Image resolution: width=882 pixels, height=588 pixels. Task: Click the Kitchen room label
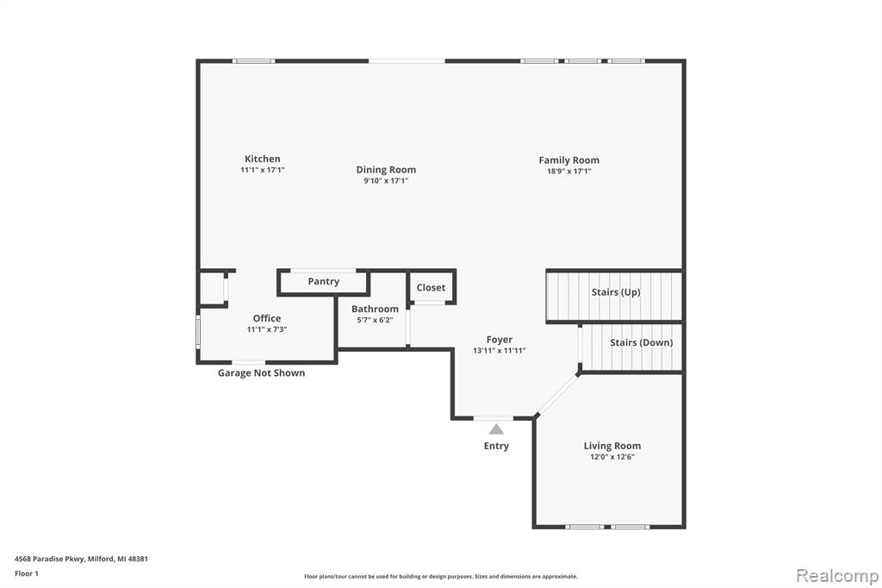pyautogui.click(x=262, y=159)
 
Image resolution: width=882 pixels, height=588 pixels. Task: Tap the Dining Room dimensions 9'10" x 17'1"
pyautogui.click(x=386, y=181)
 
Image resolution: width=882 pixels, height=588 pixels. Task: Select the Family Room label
pyautogui.click(x=568, y=160)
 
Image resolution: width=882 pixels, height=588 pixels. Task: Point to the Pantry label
pyautogui.click(x=324, y=282)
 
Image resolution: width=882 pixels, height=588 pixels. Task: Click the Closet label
pyautogui.click(x=431, y=287)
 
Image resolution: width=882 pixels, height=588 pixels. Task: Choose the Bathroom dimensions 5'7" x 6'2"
pyautogui.click(x=375, y=320)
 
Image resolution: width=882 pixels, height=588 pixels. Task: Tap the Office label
pyautogui.click(x=267, y=318)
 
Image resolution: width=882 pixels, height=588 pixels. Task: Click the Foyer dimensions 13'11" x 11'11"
pyautogui.click(x=500, y=350)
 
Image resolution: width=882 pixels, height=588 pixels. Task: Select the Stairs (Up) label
pyautogui.click(x=616, y=291)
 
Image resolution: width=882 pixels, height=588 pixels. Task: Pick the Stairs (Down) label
pyautogui.click(x=641, y=342)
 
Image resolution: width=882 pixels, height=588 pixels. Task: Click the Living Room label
pyautogui.click(x=612, y=446)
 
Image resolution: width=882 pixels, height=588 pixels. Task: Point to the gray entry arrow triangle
pyautogui.click(x=496, y=429)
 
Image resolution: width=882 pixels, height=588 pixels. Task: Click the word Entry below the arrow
pyautogui.click(x=496, y=446)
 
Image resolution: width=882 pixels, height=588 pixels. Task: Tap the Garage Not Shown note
pyautogui.click(x=262, y=372)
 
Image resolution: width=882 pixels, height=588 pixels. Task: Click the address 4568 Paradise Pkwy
pyautogui.click(x=49, y=559)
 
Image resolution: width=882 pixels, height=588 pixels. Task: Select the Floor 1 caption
pyautogui.click(x=27, y=573)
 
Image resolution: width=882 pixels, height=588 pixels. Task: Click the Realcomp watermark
pyautogui.click(x=837, y=575)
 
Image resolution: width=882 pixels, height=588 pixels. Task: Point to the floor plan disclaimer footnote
pyautogui.click(x=441, y=577)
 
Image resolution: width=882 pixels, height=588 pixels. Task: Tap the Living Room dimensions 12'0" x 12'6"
pyautogui.click(x=612, y=457)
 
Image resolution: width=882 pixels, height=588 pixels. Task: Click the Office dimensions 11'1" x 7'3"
pyautogui.click(x=267, y=329)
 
